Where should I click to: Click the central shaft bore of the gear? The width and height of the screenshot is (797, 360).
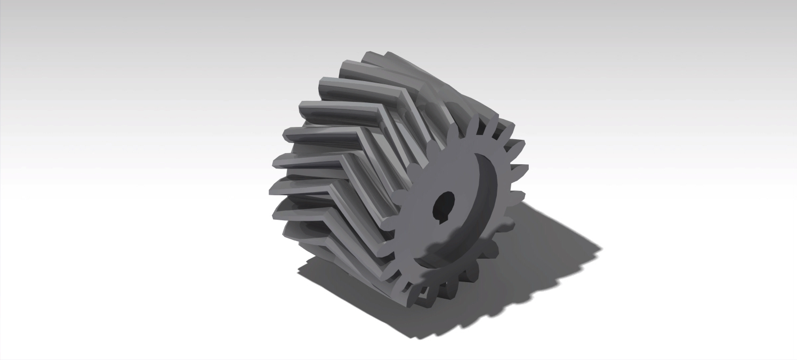[442, 204]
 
